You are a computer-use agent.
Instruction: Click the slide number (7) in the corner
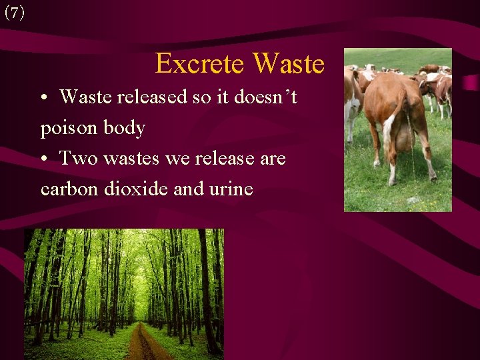tap(14, 13)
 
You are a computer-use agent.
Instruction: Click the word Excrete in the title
tap(201, 64)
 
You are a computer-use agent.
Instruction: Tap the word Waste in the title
tap(289, 64)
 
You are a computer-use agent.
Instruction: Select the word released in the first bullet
tap(152, 97)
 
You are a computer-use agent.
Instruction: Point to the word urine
tap(232, 189)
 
